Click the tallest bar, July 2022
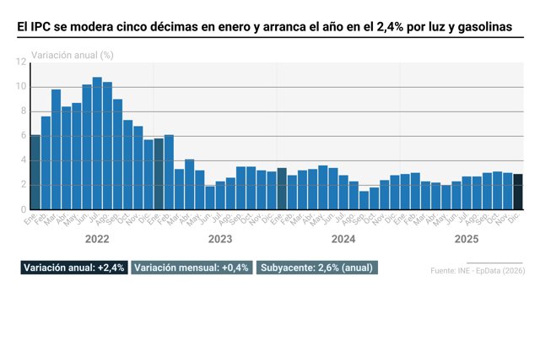97,144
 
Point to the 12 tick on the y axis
22,62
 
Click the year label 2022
97,239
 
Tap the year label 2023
220,239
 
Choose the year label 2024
343,239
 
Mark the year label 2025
467,239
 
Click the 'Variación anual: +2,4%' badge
74,268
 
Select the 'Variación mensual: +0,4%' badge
192,268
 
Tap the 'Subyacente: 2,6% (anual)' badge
317,268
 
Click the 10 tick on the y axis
22,87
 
